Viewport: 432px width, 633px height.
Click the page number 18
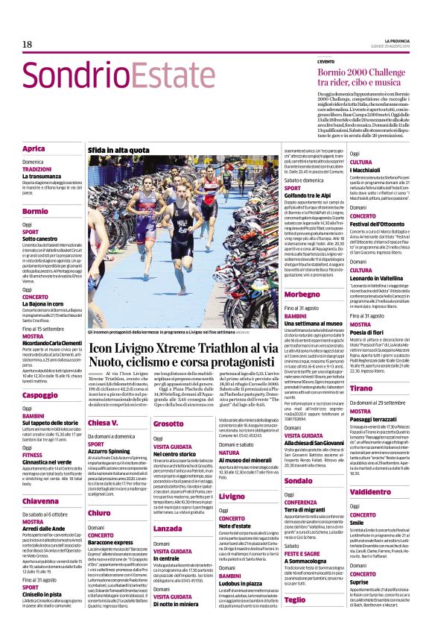[x=27, y=45]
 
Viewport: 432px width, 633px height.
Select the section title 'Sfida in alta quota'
[x=117, y=151]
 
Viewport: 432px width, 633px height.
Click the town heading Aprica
[x=34, y=149]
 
